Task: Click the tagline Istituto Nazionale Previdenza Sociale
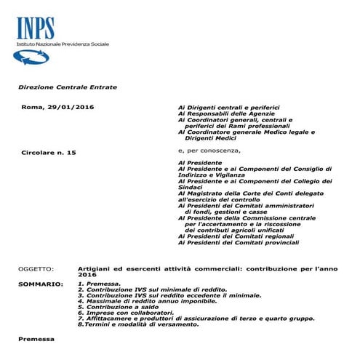pyautogui.click(x=63, y=45)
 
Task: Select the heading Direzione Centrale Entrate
pyautogui.click(x=68, y=87)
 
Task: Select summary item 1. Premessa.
pyautogui.click(x=100, y=284)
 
